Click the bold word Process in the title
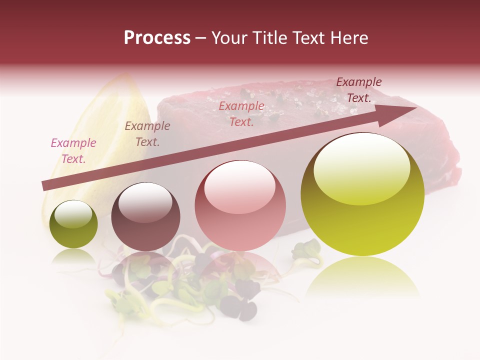coord(157,38)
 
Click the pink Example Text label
coord(73,150)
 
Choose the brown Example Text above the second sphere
coord(147,133)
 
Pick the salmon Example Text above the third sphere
coord(241,113)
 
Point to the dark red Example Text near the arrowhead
coord(359,89)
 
